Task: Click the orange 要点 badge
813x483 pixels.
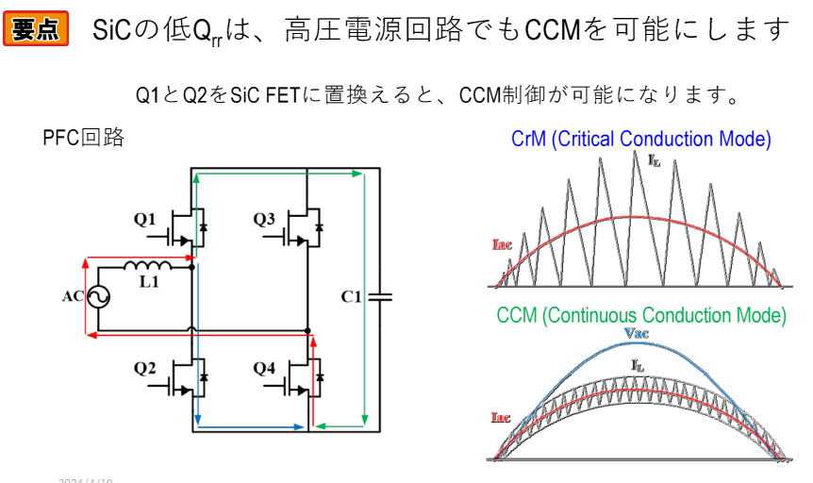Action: (39, 28)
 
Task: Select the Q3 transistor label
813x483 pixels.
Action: (264, 221)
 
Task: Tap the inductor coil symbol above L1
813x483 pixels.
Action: (147, 264)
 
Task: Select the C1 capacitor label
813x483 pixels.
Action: (351, 296)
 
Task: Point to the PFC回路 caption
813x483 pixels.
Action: (84, 138)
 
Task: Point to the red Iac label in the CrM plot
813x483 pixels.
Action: (503, 243)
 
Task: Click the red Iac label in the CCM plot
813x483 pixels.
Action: (503, 416)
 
